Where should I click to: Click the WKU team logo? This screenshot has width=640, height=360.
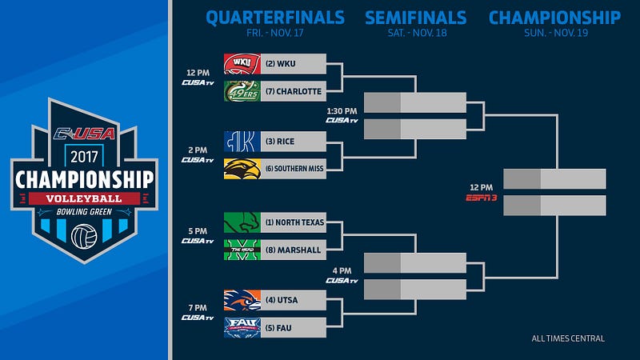click(242, 64)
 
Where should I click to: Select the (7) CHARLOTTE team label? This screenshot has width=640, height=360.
click(294, 91)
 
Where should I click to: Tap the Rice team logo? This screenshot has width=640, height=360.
click(242, 142)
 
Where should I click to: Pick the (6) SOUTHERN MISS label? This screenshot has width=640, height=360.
click(294, 169)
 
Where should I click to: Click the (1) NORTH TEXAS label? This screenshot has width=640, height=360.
click(294, 222)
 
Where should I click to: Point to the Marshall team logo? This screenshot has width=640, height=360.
click(242, 250)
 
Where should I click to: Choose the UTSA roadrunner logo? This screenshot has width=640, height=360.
click(242, 300)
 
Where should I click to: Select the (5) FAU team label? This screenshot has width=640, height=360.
click(278, 328)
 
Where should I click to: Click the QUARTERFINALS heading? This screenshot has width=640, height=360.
click(275, 18)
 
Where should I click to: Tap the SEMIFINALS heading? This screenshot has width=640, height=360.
click(415, 18)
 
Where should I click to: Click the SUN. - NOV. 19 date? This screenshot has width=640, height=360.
click(556, 33)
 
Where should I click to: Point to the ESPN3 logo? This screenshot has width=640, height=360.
click(482, 198)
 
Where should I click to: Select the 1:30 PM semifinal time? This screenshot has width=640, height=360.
click(342, 111)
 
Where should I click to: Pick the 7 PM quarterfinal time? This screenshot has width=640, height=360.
click(198, 308)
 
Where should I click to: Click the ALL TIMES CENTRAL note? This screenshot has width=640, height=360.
click(568, 338)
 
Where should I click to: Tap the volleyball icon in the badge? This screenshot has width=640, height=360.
click(84, 236)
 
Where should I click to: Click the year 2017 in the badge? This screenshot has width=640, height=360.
click(84, 157)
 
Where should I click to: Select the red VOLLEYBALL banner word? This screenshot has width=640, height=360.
click(84, 198)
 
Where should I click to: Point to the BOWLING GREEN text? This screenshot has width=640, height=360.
click(84, 212)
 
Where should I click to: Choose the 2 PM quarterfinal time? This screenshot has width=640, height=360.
click(198, 150)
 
